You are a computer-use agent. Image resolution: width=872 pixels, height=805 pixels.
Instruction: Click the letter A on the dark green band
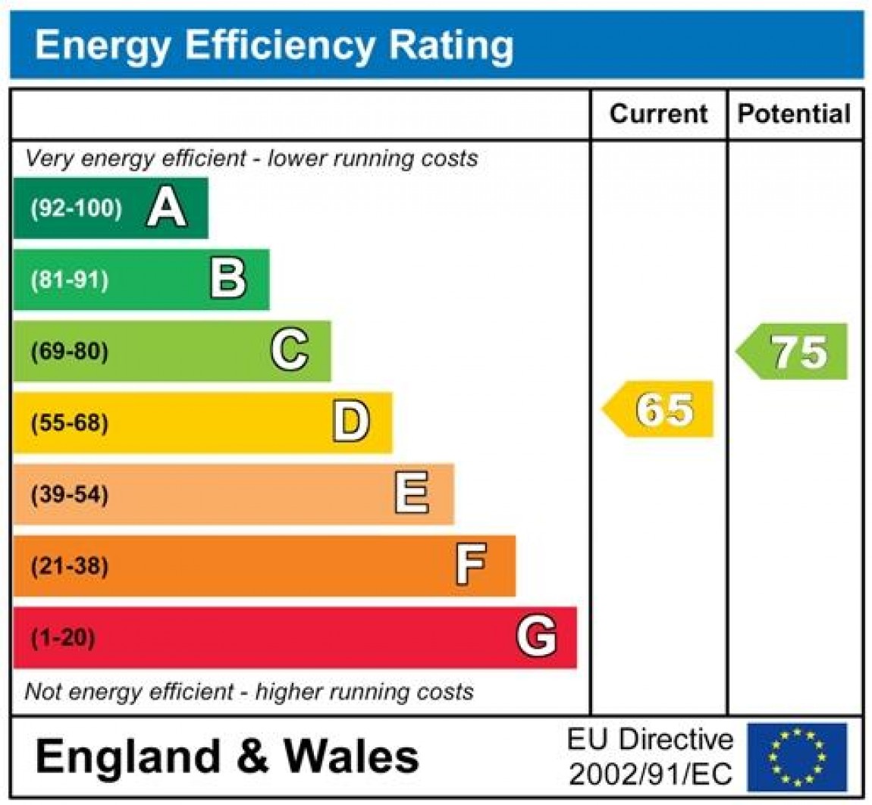click(x=166, y=208)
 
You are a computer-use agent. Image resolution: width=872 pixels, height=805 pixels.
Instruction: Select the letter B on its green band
click(x=228, y=280)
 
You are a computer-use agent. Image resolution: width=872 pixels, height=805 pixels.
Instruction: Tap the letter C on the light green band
click(x=290, y=351)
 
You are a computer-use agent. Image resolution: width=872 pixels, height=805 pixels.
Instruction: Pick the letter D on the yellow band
click(x=351, y=422)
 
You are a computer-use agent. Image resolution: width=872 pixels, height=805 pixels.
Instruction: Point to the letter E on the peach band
click(x=412, y=494)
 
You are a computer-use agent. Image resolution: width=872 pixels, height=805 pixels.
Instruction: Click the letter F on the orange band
click(x=471, y=565)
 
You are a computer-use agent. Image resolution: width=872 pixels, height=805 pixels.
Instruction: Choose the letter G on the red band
click(x=536, y=637)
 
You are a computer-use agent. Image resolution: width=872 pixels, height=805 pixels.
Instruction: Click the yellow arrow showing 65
click(x=660, y=409)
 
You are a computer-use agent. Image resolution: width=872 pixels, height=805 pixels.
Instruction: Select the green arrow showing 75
click(x=794, y=352)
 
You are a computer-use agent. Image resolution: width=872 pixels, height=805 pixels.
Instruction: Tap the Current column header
click(x=658, y=114)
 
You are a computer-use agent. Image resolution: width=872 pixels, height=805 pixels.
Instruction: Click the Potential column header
click(x=794, y=114)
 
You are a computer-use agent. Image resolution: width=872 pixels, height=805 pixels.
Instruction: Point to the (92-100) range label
click(x=76, y=208)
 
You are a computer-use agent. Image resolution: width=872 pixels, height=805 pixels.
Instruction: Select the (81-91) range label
click(x=70, y=280)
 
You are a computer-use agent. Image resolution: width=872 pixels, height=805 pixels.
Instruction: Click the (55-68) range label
click(x=70, y=423)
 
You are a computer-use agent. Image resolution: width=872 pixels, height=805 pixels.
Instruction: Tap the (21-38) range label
click(x=70, y=566)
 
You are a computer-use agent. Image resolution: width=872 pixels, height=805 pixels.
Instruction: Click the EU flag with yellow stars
click(x=797, y=756)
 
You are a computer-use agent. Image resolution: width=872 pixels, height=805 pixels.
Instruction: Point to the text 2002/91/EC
click(x=651, y=775)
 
